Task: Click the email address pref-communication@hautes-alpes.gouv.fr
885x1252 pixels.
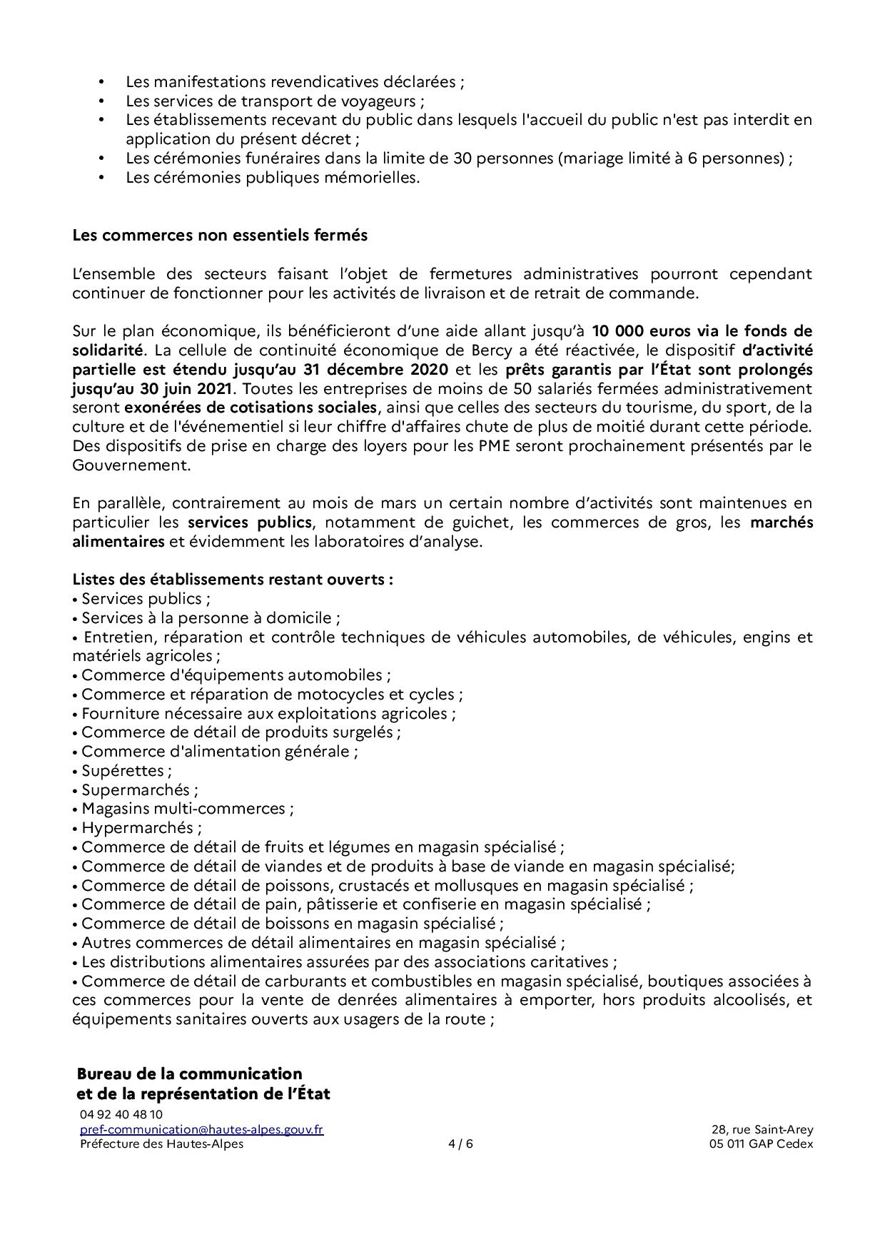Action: coord(201,1129)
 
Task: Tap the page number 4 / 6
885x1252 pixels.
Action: coord(460,1144)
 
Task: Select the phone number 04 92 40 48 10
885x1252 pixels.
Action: coord(121,1114)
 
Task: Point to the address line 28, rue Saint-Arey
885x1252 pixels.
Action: coord(762,1129)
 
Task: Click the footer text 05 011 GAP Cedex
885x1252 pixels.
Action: coord(757,1144)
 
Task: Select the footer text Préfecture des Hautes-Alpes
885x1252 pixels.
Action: coord(161,1144)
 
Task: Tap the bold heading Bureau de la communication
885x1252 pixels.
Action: coord(189,1074)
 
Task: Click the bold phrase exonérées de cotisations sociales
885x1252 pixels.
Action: coord(250,408)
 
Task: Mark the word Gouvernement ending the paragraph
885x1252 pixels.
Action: coord(131,465)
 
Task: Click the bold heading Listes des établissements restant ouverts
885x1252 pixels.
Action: coord(232,579)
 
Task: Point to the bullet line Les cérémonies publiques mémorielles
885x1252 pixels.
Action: coord(273,177)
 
